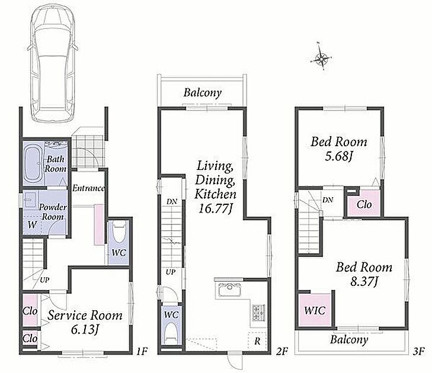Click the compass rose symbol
coord(321,57)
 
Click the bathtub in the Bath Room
coord(33,164)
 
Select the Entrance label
coord(88,188)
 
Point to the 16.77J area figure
coord(215,208)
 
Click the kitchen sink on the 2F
coord(229,290)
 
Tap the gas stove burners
coord(258,313)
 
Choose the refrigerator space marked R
coord(257,342)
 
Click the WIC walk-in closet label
coord(315,310)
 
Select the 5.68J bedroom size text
coord(338,156)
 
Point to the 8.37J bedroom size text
coord(364,281)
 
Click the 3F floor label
coord(418,351)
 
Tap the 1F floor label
coord(142,351)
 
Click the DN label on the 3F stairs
coord(328,200)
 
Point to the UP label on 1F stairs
coord(44,280)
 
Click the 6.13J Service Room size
coord(85,329)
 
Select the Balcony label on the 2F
coord(203,93)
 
